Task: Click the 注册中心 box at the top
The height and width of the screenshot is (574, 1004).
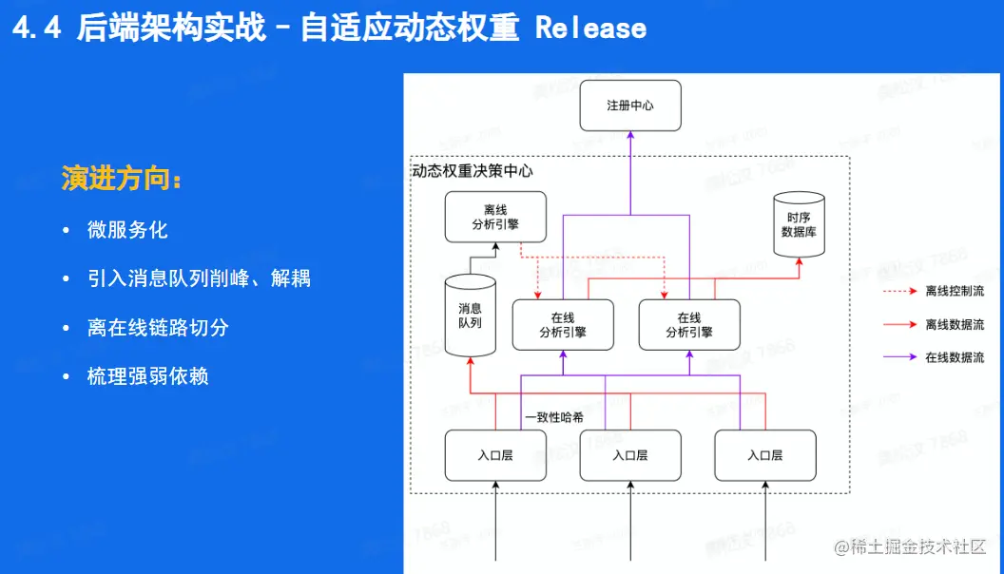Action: click(629, 105)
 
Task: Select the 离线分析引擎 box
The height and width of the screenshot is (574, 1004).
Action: click(495, 217)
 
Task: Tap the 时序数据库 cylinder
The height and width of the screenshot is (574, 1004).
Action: click(799, 224)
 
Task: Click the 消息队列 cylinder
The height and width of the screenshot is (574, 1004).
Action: click(470, 316)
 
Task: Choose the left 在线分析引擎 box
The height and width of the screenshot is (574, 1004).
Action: click(562, 325)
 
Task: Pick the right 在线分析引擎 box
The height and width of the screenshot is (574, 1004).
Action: click(689, 325)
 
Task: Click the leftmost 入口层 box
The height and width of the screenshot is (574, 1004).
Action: click(495, 455)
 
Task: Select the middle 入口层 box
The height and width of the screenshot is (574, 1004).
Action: click(630, 455)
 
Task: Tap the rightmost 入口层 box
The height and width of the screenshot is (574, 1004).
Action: click(765, 455)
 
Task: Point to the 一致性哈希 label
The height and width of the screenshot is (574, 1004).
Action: click(554, 416)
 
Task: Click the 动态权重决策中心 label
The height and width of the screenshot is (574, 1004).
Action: click(473, 172)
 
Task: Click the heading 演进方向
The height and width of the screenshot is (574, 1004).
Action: click(121, 179)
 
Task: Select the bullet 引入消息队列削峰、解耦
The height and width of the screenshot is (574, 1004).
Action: click(199, 278)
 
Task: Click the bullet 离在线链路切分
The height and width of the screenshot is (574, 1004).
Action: click(158, 328)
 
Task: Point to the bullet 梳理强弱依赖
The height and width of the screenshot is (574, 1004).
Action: click(147, 376)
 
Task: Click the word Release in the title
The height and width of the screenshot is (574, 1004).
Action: click(590, 28)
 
